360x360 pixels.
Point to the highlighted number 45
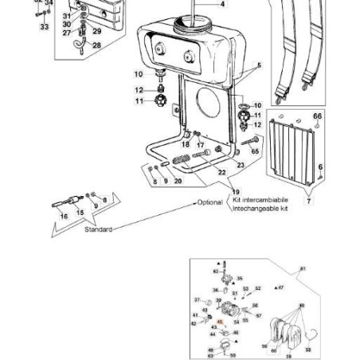click(219, 323)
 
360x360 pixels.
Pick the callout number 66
click(317, 116)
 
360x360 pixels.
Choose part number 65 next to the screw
click(255, 150)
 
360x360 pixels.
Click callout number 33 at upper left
click(43, 26)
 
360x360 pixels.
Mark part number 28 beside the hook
click(97, 45)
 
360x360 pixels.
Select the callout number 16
click(64, 215)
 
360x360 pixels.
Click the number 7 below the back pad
click(309, 202)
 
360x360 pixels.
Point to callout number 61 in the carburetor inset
click(303, 269)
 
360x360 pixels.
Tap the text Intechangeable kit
click(260, 209)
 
